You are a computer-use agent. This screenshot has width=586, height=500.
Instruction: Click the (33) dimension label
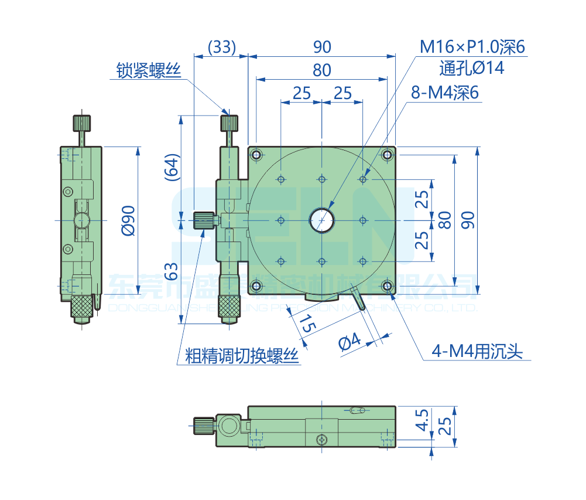tap(222, 46)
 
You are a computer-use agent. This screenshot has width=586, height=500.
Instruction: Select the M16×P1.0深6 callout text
tap(472, 47)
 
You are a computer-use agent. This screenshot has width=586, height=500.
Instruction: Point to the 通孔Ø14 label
tap(471, 68)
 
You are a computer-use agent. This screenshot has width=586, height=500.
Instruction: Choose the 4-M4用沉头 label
tap(477, 351)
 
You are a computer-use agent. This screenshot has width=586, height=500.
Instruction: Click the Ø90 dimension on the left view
tap(128, 220)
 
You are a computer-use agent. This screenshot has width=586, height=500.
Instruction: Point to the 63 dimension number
tap(171, 271)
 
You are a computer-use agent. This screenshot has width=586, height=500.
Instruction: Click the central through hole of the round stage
tap(321, 220)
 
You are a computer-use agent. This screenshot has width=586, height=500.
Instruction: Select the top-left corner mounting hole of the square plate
tap(256, 155)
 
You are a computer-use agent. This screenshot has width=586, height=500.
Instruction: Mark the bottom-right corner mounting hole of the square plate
tap(387, 285)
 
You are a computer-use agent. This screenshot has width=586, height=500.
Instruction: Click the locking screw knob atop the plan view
tap(229, 123)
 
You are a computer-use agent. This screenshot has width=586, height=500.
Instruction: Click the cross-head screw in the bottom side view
tap(321, 440)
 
